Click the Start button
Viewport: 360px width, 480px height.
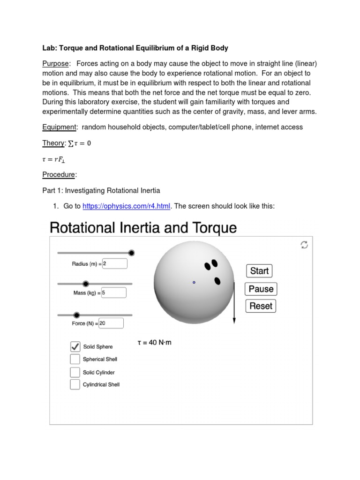pyautogui.click(x=259, y=271)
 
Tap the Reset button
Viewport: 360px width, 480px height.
pyautogui.click(x=261, y=306)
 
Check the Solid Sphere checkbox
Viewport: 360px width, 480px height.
pyautogui.click(x=75, y=347)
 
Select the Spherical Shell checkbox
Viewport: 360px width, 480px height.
pyautogui.click(x=75, y=359)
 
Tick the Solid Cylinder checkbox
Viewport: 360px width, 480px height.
pyautogui.click(x=75, y=372)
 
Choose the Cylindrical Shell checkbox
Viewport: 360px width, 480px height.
pyautogui.click(x=75, y=384)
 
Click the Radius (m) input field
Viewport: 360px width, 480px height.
pyautogui.click(x=114, y=264)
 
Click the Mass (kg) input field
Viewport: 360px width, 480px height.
pyautogui.click(x=113, y=293)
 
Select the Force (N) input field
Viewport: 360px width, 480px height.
pyautogui.click(x=111, y=323)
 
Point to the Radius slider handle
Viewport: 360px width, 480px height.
pyautogui.click(x=132, y=253)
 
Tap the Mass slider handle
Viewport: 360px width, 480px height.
pyautogui.click(x=86, y=284)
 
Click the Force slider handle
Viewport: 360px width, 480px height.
pyautogui.click(x=77, y=315)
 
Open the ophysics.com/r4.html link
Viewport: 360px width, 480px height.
pyautogui.click(x=126, y=206)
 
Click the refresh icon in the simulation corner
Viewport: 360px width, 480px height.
pyautogui.click(x=304, y=245)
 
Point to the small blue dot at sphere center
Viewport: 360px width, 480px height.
pyautogui.click(x=194, y=282)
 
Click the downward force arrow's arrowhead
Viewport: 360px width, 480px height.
pyautogui.click(x=234, y=321)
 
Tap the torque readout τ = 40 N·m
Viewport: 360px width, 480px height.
pyautogui.click(x=154, y=343)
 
